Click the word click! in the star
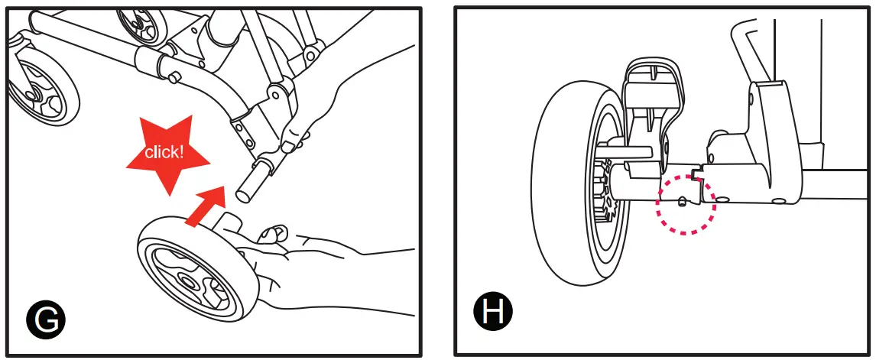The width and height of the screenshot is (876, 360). [x=165, y=151]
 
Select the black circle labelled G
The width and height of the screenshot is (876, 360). [x=46, y=321]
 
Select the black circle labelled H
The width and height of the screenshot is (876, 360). [x=493, y=312]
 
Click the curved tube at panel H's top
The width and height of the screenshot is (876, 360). [x=745, y=46]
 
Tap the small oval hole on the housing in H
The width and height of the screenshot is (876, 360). [x=779, y=201]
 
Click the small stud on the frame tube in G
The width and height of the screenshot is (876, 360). [x=174, y=76]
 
